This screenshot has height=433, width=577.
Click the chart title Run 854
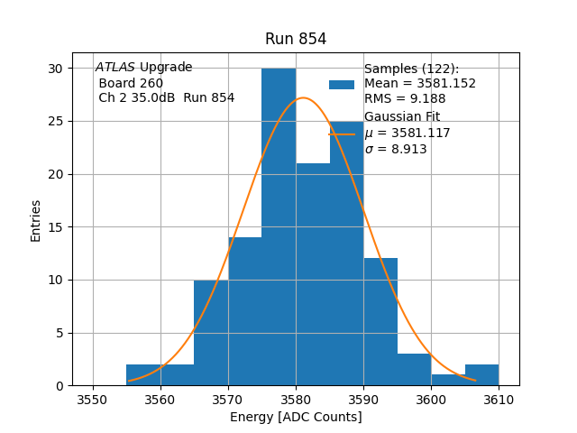pyautogui.click(x=296, y=39)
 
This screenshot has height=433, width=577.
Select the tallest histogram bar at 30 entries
pyautogui.click(x=279, y=226)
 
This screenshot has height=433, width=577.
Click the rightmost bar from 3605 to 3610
pyautogui.click(x=481, y=374)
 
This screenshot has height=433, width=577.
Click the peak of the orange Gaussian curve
pyautogui.click(x=304, y=98)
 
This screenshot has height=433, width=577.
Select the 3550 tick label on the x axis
pyautogui.click(x=93, y=400)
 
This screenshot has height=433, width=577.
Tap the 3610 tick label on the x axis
pyautogui.click(x=498, y=400)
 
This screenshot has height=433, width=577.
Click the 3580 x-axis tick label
pyautogui.click(x=296, y=400)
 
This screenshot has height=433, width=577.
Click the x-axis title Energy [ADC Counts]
pyautogui.click(x=296, y=417)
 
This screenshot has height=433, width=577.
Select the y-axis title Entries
pyautogui.click(x=36, y=220)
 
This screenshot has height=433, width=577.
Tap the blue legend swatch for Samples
pyautogui.click(x=342, y=84)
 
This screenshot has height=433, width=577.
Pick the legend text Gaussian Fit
pyautogui.click(x=401, y=117)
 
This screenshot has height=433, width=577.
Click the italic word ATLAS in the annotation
pyautogui.click(x=115, y=68)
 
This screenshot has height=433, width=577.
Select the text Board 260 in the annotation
pyautogui.click(x=132, y=83)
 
